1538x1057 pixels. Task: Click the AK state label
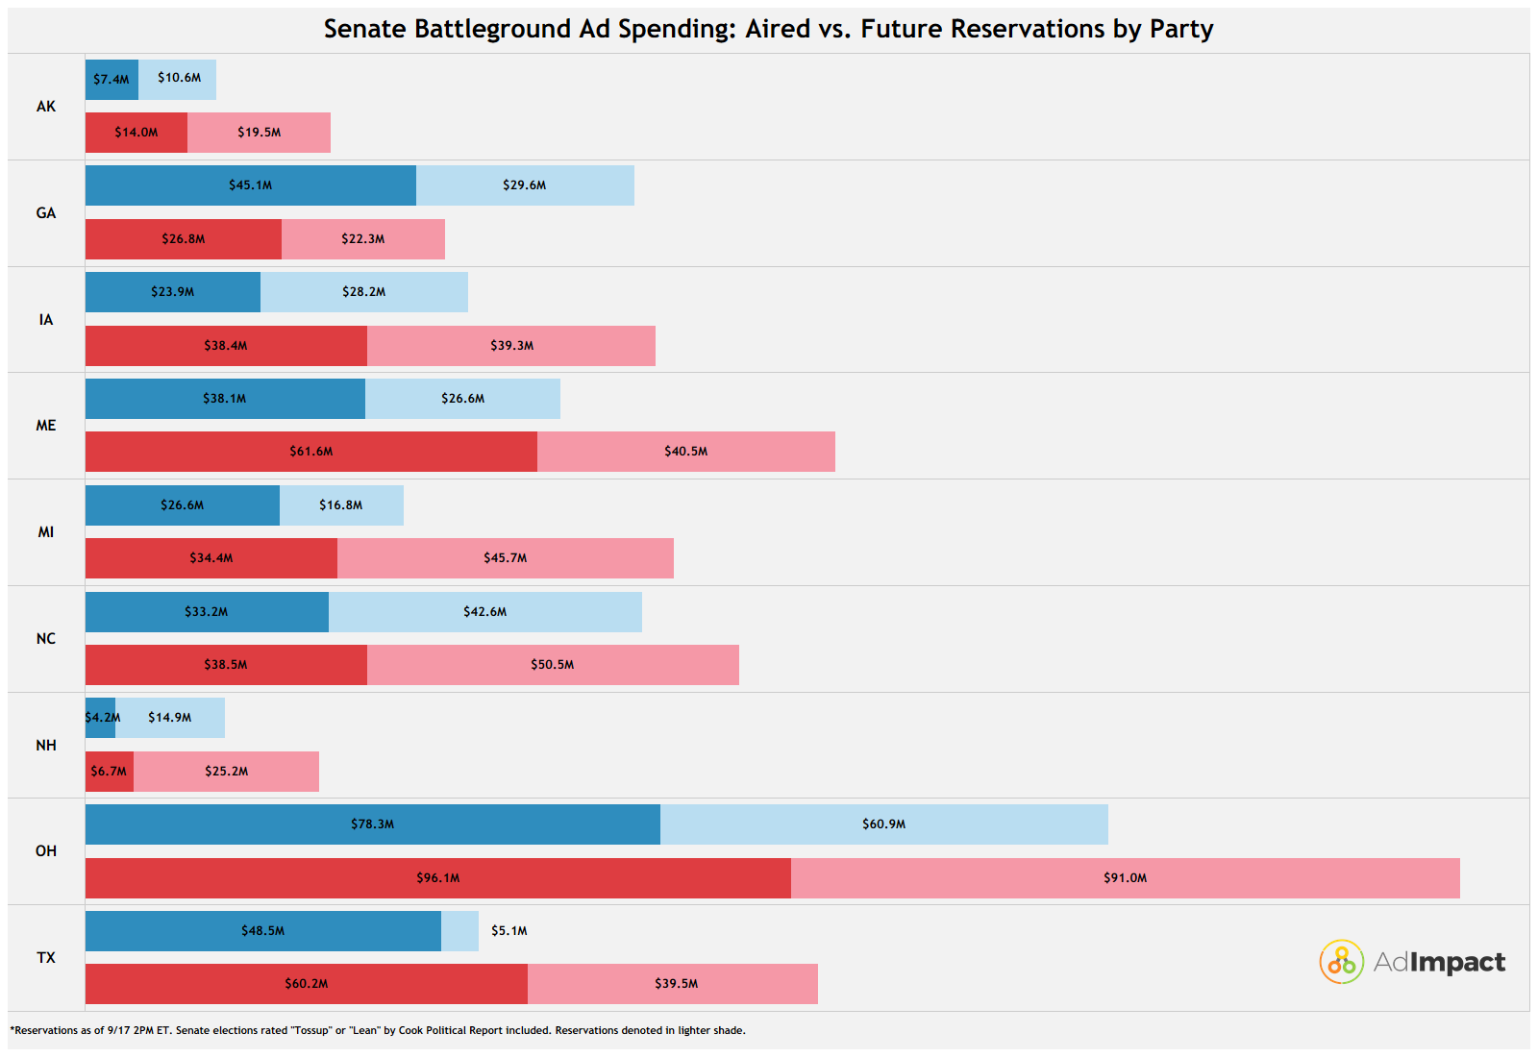point(46,107)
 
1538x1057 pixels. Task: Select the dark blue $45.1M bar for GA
point(251,185)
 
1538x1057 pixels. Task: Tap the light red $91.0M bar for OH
point(1126,878)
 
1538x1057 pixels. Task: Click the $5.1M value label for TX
point(509,931)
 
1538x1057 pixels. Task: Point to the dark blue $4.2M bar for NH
point(100,718)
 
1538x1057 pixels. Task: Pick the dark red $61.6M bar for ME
point(311,452)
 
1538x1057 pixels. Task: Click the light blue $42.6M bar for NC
point(485,611)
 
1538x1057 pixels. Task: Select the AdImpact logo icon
point(1341,962)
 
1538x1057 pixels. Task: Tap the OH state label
point(46,851)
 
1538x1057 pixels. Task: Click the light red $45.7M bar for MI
point(506,558)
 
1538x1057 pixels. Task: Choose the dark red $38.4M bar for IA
point(227,346)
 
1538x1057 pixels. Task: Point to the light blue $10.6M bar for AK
point(177,80)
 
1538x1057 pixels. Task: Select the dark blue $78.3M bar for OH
point(373,824)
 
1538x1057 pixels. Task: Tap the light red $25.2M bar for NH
point(227,772)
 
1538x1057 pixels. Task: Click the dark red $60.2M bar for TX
point(307,984)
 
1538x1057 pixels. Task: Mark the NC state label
point(46,639)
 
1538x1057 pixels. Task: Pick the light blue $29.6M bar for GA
point(525,185)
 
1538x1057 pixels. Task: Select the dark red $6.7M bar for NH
point(110,772)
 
